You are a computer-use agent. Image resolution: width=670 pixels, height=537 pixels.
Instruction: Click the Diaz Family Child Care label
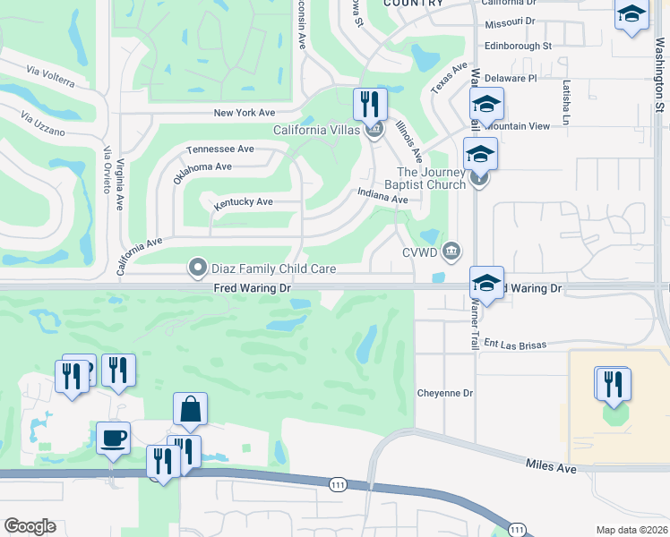point(273,268)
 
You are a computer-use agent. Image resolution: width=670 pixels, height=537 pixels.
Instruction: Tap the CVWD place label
point(418,252)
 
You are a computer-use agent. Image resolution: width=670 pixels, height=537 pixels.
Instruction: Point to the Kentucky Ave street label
point(243,203)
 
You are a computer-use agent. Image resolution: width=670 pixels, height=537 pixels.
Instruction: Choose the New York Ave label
point(244,113)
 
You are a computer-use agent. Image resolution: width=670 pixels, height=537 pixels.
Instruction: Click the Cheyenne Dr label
point(444,393)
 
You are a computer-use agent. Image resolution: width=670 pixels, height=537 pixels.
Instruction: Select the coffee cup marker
point(113,439)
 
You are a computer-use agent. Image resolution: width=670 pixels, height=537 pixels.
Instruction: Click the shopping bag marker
point(190,409)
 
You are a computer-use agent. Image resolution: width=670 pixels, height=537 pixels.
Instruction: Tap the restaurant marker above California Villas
point(370,105)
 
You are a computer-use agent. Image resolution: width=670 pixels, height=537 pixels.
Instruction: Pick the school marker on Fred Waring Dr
point(486,284)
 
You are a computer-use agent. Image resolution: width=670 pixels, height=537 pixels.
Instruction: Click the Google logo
point(30,526)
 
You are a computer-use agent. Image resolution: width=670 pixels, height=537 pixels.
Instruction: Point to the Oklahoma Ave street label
point(202,167)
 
